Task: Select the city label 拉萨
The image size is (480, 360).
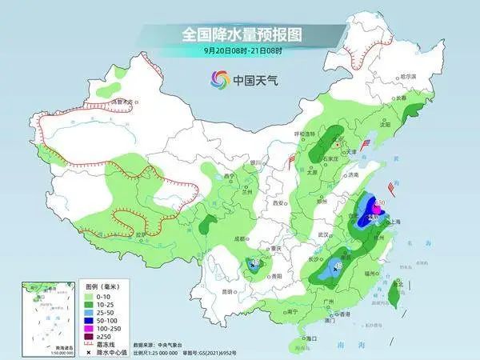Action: (142, 234)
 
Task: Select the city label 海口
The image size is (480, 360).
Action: (313, 339)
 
